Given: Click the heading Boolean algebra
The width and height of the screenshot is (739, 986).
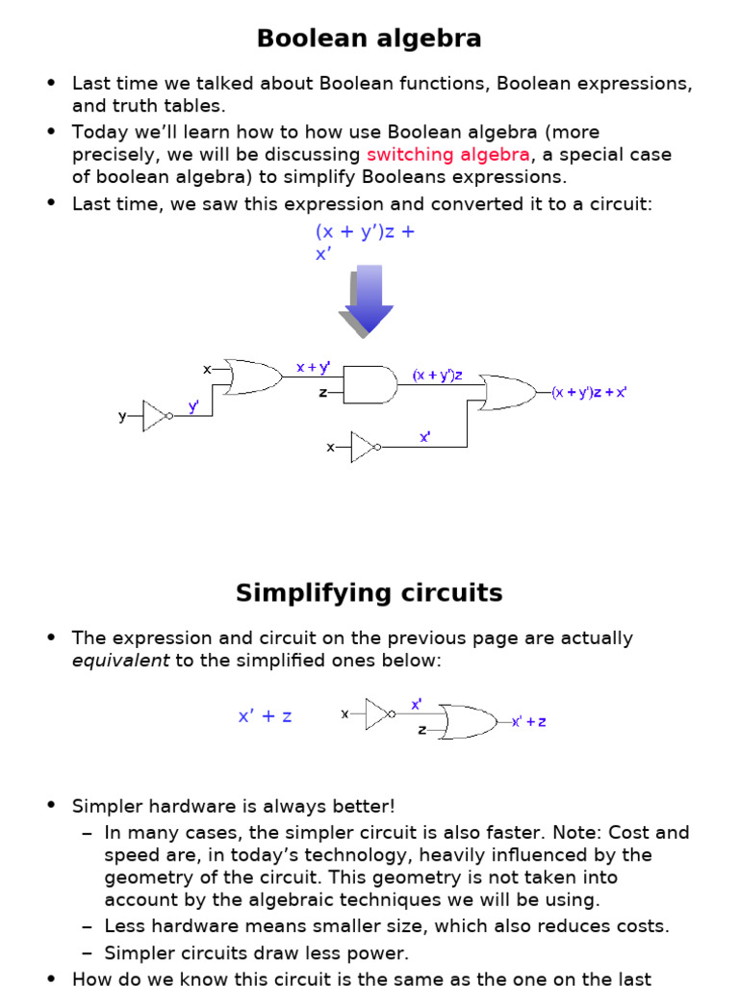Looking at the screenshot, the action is [369, 38].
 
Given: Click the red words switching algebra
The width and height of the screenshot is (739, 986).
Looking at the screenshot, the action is [448, 155].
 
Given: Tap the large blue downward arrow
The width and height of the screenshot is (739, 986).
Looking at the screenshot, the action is [366, 300].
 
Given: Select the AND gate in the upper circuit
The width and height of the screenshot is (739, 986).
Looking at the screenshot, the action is [370, 384].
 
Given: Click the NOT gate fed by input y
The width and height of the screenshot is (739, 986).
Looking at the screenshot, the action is [157, 416].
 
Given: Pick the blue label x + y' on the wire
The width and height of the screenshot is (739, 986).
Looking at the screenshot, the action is [313, 367].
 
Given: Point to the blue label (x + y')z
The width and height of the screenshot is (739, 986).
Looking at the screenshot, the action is [438, 375].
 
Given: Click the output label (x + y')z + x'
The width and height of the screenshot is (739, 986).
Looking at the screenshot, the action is [590, 393].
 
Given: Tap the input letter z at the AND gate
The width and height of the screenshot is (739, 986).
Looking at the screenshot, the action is [323, 393].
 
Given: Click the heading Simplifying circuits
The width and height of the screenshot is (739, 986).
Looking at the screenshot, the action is [369, 593].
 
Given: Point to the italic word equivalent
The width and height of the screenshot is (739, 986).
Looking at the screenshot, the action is [120, 661].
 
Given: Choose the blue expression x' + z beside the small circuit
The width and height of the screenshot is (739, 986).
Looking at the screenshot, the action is [266, 716].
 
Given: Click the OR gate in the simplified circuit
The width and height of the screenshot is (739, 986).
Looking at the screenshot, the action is [469, 722].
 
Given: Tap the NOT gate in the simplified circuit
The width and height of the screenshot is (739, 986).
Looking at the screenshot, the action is [380, 714].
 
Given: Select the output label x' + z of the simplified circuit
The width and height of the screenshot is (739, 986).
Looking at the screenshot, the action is [529, 722].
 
